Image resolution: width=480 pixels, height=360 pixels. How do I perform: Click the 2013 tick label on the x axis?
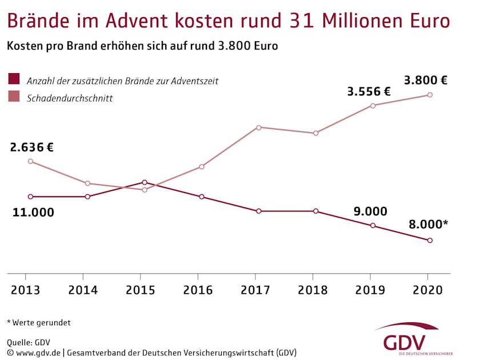point(26,290)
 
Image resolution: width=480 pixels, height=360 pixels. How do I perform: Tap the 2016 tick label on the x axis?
point(198,290)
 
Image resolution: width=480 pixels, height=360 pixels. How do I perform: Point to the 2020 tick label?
point(427,290)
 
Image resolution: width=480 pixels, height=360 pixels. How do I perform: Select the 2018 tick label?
point(313,290)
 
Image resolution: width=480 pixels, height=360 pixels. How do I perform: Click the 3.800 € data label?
point(425,80)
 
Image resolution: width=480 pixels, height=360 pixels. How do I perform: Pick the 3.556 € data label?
point(369,91)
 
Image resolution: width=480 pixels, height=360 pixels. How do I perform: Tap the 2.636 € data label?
point(31,147)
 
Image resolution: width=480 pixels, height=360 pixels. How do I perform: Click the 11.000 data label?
point(33,213)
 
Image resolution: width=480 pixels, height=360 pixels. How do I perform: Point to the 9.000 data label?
point(370,211)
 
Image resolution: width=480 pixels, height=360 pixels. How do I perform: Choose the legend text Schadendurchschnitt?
point(70,98)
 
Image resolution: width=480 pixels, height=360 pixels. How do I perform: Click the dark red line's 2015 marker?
point(145,182)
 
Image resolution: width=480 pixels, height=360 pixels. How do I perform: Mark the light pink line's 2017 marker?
point(259,127)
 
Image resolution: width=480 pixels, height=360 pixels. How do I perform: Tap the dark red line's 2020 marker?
point(430,241)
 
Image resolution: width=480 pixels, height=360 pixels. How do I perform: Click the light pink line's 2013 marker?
point(30,161)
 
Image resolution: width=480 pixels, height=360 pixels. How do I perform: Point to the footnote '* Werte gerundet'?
point(39,323)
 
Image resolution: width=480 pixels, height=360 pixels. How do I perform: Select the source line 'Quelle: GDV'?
point(29,342)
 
